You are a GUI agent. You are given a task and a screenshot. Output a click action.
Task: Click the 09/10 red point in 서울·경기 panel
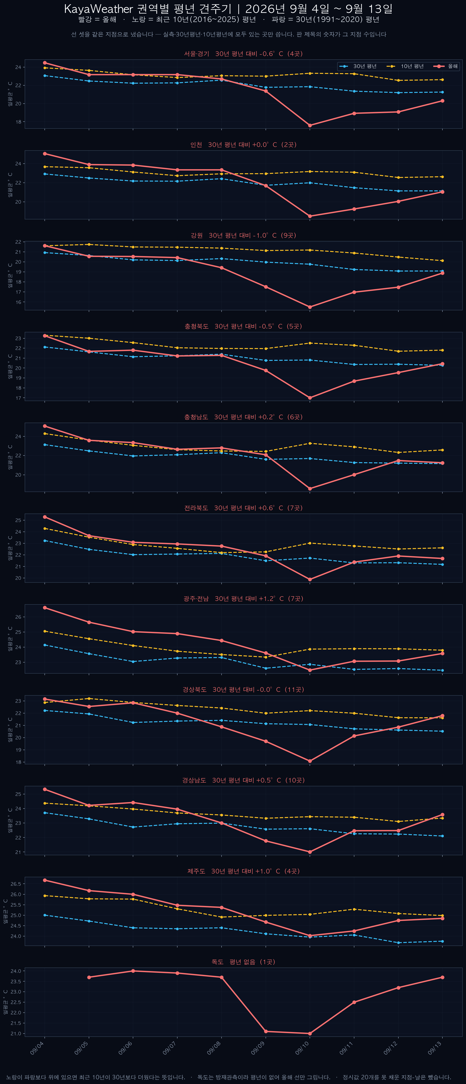310,125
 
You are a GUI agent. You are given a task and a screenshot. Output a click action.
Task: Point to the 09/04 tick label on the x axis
37,1048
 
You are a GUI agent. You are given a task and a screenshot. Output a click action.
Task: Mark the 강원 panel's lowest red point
310,307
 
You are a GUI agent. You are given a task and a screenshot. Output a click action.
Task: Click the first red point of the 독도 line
89,977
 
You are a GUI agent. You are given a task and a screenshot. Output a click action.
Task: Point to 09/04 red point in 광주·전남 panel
45,608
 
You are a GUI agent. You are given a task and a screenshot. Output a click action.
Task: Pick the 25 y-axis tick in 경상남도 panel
18,794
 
